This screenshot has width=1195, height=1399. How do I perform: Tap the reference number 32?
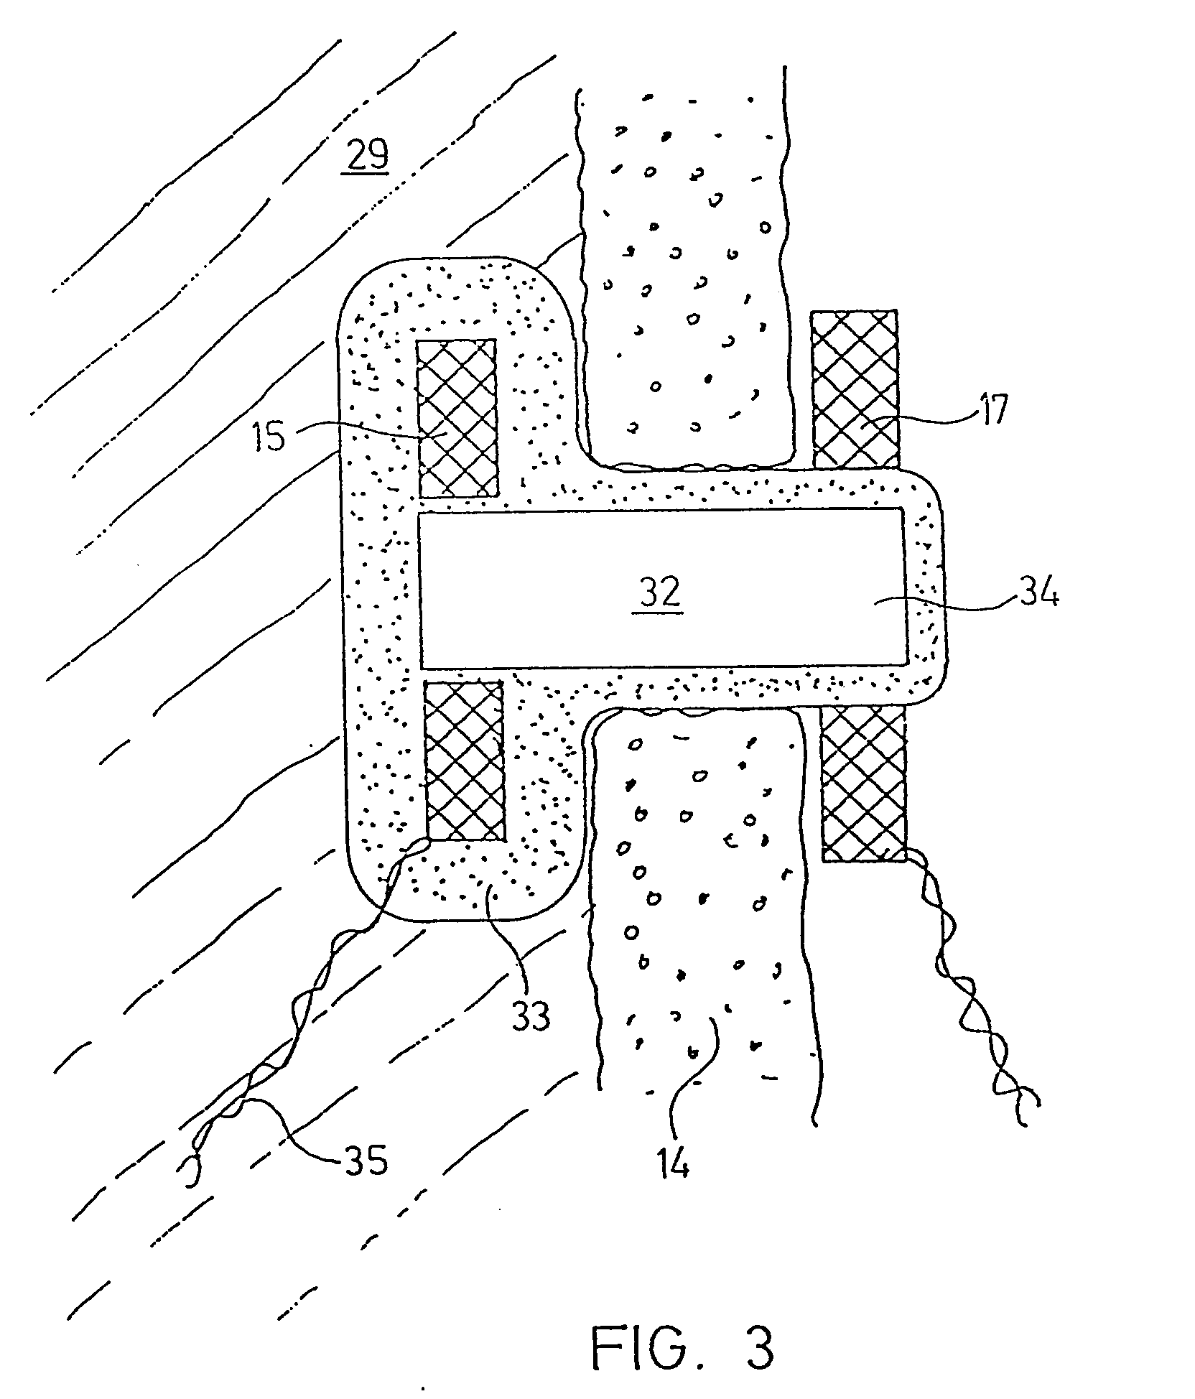661,593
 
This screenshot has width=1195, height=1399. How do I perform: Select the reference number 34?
1036,592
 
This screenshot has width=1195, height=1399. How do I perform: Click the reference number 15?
269,437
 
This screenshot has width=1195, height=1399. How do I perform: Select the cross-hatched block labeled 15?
457,418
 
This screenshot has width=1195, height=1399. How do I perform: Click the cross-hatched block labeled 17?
855,389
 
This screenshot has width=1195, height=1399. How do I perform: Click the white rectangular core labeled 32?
662,587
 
